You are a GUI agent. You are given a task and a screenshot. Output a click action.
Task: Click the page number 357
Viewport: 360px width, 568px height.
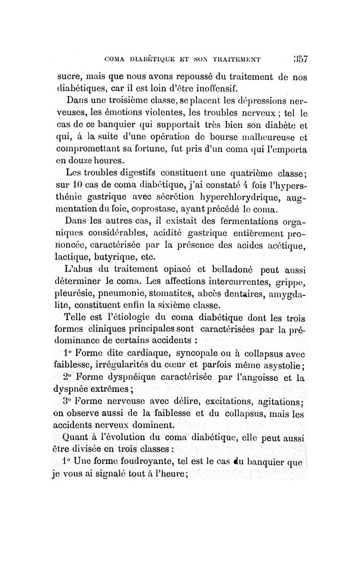(298, 59)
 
